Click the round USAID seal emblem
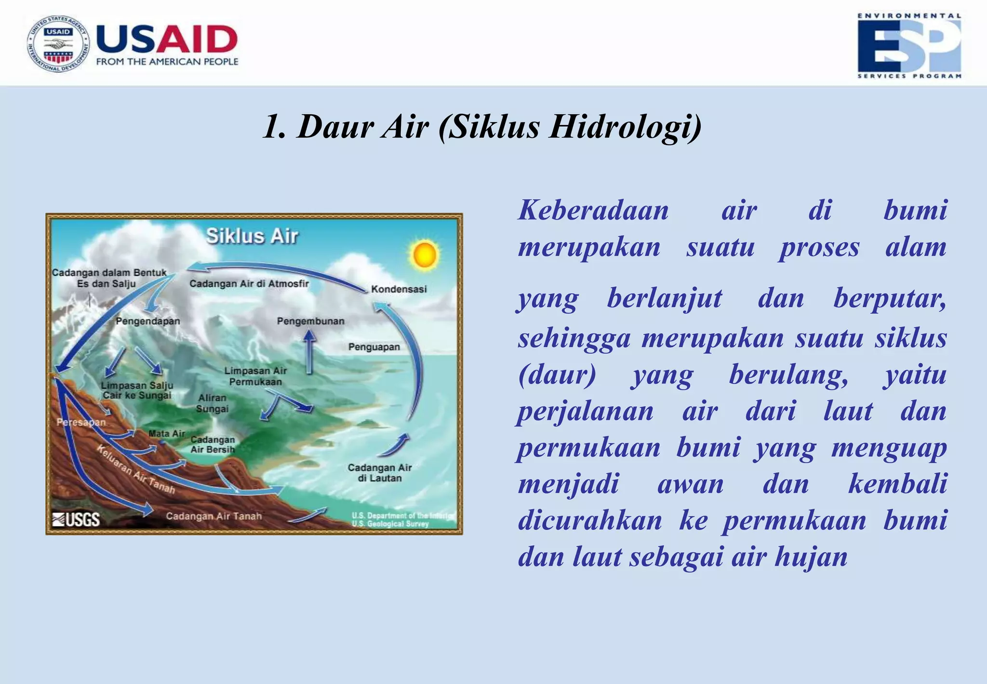[58, 43]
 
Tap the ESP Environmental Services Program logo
[909, 46]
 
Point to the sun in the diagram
[424, 255]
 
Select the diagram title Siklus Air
[252, 236]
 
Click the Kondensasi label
[399, 289]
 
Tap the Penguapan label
[374, 347]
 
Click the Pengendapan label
[147, 321]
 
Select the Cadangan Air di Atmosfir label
[249, 284]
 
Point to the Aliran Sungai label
[212, 403]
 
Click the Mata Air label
[166, 433]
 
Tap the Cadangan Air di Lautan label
[380, 473]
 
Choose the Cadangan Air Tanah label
[213, 516]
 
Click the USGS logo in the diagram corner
[76, 519]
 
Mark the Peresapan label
[81, 422]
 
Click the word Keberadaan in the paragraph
[593, 210]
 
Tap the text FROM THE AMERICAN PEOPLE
[167, 62]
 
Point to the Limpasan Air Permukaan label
[255, 376]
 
